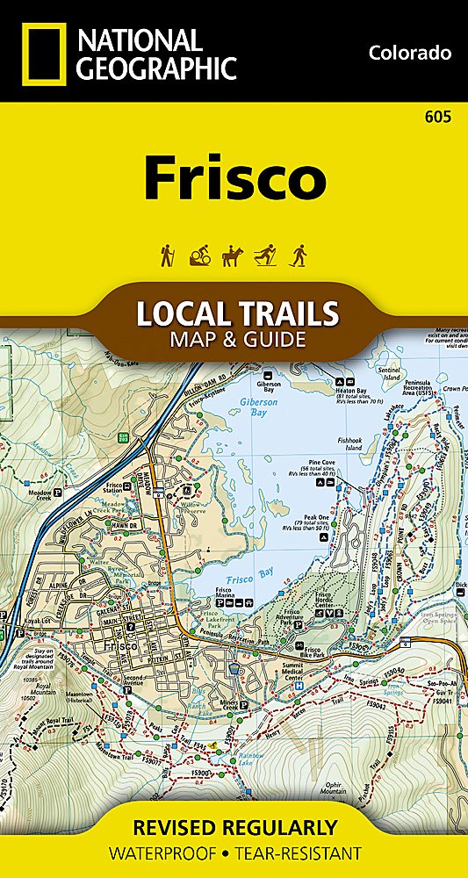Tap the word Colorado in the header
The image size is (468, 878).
pyautogui.click(x=409, y=53)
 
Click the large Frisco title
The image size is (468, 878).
pyautogui.click(x=234, y=178)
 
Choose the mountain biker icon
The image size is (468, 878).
pyautogui.click(x=199, y=255)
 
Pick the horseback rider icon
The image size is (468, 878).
pyautogui.click(x=233, y=255)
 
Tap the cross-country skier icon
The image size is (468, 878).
pyautogui.click(x=266, y=255)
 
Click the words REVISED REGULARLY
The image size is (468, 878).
pyautogui.click(x=234, y=827)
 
